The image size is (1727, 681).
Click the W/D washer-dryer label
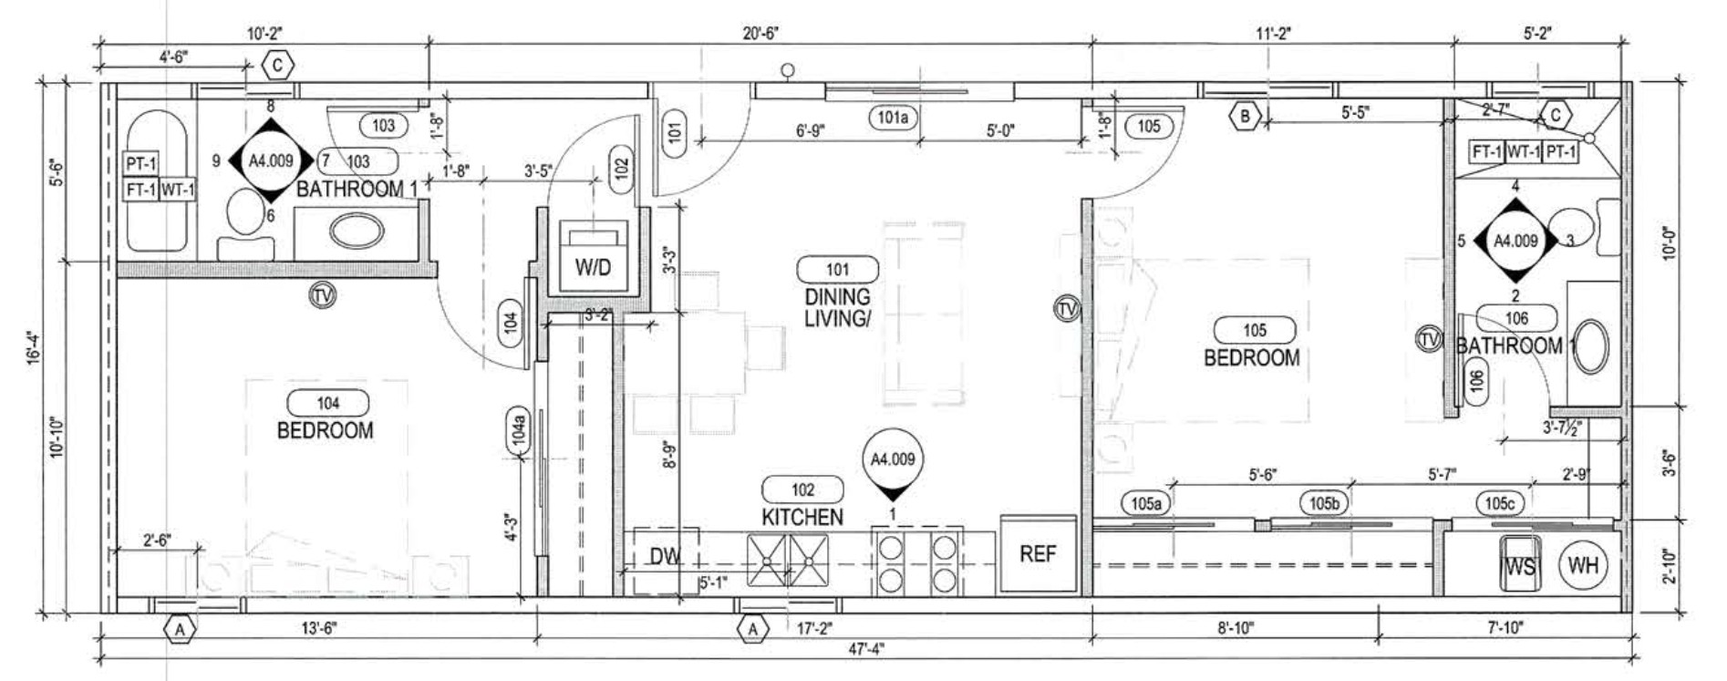click(593, 267)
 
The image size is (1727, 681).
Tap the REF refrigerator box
click(1038, 553)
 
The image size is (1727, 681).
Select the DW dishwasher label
click(666, 556)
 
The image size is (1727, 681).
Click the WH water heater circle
click(1583, 565)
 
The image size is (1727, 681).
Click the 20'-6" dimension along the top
click(760, 34)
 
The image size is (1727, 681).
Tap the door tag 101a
click(893, 118)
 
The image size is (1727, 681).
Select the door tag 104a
click(518, 430)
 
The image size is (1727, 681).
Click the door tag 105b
click(1324, 503)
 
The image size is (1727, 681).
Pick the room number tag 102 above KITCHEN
click(802, 490)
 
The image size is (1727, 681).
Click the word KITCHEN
click(802, 517)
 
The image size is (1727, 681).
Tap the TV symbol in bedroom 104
click(321, 295)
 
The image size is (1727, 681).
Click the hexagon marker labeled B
click(1244, 116)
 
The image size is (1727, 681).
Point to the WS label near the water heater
click(1520, 566)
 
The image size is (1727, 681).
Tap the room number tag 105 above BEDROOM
click(1255, 330)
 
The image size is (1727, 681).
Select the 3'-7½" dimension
click(1561, 427)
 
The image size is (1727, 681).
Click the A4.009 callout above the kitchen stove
click(893, 460)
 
